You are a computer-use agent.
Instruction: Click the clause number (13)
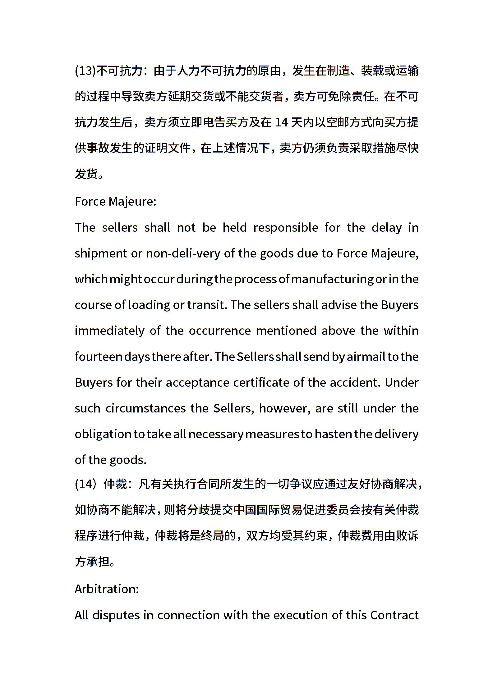click(x=85, y=71)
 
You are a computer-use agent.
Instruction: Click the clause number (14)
click(x=86, y=484)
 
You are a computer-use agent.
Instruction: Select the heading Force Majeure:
click(x=115, y=202)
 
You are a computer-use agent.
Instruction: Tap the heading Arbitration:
click(x=107, y=589)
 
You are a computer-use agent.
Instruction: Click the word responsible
click(x=286, y=228)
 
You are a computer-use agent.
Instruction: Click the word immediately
click(x=109, y=331)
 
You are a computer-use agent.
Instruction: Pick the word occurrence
click(x=219, y=331)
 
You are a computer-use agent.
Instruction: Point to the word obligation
click(x=103, y=434)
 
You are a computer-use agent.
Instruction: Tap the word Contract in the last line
click(x=394, y=615)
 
